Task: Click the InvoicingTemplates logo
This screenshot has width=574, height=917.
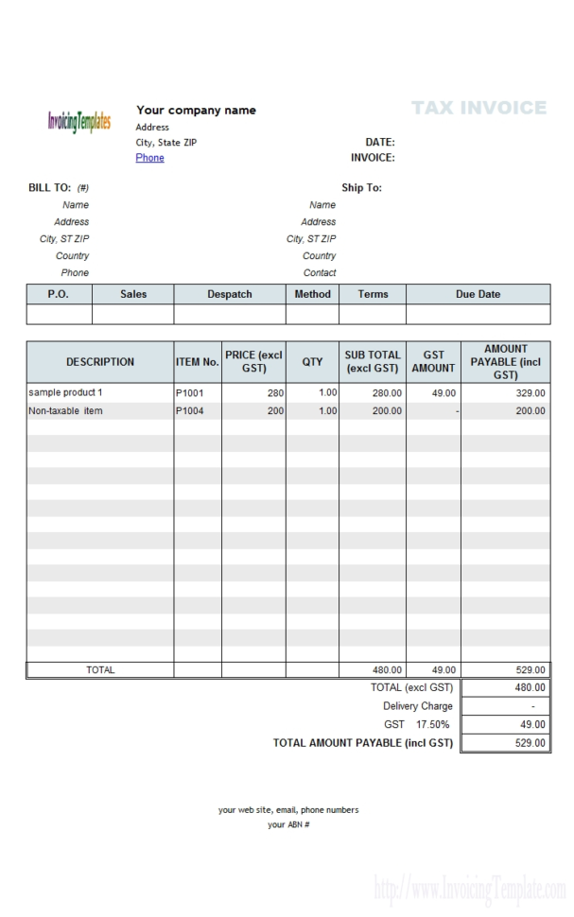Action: (x=78, y=121)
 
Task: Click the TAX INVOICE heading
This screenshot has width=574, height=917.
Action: (x=479, y=108)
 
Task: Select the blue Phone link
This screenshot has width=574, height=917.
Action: (x=149, y=158)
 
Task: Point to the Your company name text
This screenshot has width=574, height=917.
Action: (x=196, y=110)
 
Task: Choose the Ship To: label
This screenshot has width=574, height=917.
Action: (x=361, y=187)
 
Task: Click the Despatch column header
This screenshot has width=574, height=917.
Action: (x=230, y=294)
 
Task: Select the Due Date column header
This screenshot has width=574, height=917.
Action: (x=478, y=294)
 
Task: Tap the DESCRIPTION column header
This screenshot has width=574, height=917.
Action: (x=100, y=361)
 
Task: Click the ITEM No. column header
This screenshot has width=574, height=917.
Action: (x=198, y=361)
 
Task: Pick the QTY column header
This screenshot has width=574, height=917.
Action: (x=312, y=361)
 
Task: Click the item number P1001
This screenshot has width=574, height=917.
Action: (x=190, y=392)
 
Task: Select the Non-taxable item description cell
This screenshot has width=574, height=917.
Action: (x=66, y=411)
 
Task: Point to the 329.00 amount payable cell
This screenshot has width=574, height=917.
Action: (x=530, y=392)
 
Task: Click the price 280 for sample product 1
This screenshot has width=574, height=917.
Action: (x=275, y=392)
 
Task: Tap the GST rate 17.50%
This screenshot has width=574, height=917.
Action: (x=433, y=724)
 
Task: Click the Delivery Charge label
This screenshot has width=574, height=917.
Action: (x=417, y=706)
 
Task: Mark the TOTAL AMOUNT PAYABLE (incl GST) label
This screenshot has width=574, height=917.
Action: (x=362, y=743)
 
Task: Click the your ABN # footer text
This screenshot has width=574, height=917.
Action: (x=288, y=824)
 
